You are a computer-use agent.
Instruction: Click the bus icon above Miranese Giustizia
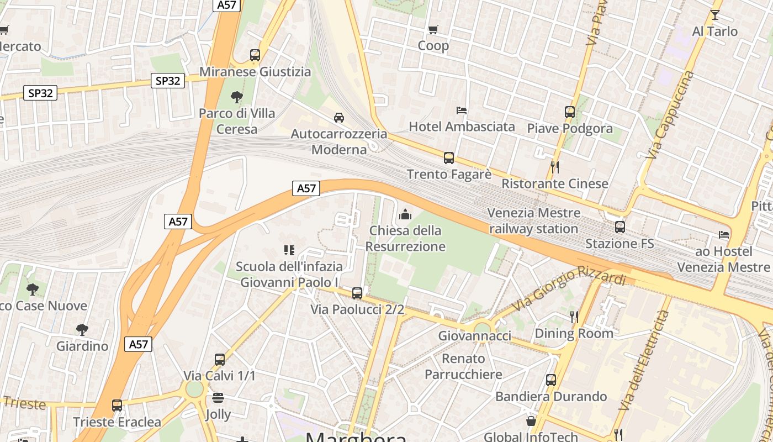(x=255, y=55)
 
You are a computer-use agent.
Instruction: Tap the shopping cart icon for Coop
(x=433, y=29)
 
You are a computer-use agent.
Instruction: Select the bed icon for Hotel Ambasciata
(x=462, y=110)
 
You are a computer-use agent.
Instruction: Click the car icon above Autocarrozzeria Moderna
(x=339, y=117)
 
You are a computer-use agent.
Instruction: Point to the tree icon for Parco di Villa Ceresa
(x=237, y=97)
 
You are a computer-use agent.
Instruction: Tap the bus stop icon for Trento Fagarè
(x=449, y=158)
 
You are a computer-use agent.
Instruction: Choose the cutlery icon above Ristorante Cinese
(x=555, y=167)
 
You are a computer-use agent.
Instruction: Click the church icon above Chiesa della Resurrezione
(x=405, y=214)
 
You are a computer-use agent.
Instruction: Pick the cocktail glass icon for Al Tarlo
(x=715, y=15)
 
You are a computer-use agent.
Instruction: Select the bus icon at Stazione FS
(x=620, y=227)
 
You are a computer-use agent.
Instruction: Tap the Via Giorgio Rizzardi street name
(x=568, y=287)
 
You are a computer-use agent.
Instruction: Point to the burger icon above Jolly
(x=218, y=398)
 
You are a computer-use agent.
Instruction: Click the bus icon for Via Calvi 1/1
(x=220, y=360)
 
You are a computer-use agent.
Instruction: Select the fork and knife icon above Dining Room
(x=574, y=317)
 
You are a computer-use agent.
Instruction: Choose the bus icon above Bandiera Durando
(x=550, y=380)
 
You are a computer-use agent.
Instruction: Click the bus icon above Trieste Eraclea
(x=117, y=406)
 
